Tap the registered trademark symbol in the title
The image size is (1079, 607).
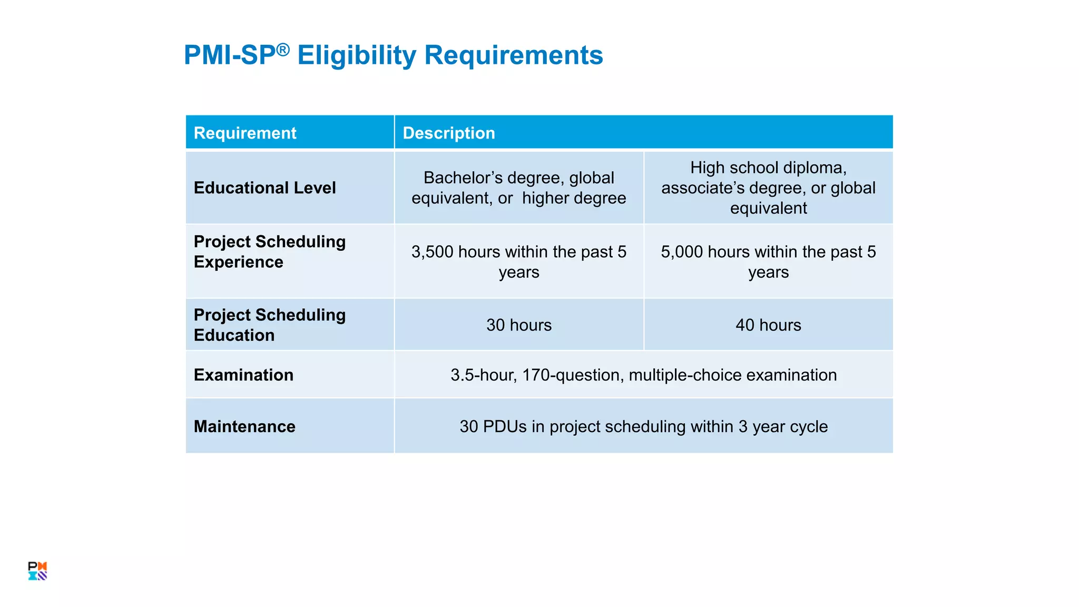point(283,50)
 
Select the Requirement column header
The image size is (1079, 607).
point(245,133)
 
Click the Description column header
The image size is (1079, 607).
point(449,133)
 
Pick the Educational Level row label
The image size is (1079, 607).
point(264,188)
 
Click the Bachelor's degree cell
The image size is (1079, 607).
point(518,188)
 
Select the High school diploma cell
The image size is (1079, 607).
point(768,188)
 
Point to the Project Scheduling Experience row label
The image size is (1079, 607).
point(269,252)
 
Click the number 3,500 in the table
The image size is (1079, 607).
point(432,252)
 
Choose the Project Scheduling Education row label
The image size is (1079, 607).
point(269,325)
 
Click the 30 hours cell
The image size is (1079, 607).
point(518,325)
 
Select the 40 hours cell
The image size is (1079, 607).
point(768,325)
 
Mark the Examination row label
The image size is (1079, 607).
point(243,375)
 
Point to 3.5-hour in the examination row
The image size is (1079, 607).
point(483,375)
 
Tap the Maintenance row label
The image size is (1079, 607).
point(244,426)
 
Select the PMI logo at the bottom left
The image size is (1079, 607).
point(37,571)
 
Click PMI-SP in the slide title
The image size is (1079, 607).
point(230,55)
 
